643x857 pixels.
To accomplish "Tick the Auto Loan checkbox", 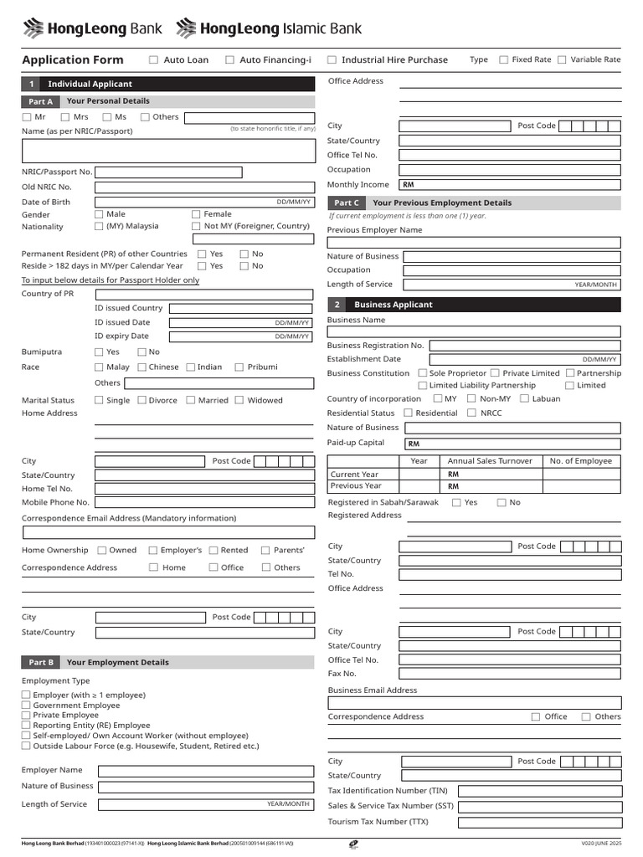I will point(153,59).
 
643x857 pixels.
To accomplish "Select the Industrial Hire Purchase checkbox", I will point(332,59).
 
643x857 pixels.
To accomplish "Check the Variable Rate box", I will point(562,59).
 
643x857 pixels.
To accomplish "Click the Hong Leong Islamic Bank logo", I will point(269,29).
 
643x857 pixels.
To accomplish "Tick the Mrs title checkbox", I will point(64,117).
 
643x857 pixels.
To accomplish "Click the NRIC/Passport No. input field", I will point(168,172).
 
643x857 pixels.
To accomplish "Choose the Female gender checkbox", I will point(196,214).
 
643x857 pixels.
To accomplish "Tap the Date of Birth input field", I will point(204,202).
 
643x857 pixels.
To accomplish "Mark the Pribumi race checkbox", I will point(239,367).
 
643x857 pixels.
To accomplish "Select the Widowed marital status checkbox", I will point(239,400).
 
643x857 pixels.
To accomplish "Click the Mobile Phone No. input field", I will point(204,502).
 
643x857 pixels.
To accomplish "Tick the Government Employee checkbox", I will point(26,706).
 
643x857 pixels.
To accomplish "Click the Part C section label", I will point(347,203).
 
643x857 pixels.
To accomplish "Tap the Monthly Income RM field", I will point(510,184).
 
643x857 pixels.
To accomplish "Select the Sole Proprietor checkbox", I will point(422,373).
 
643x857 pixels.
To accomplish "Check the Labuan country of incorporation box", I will point(524,398).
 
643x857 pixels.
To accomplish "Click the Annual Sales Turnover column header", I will point(490,461).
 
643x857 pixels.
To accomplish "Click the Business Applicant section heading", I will point(393,305).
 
